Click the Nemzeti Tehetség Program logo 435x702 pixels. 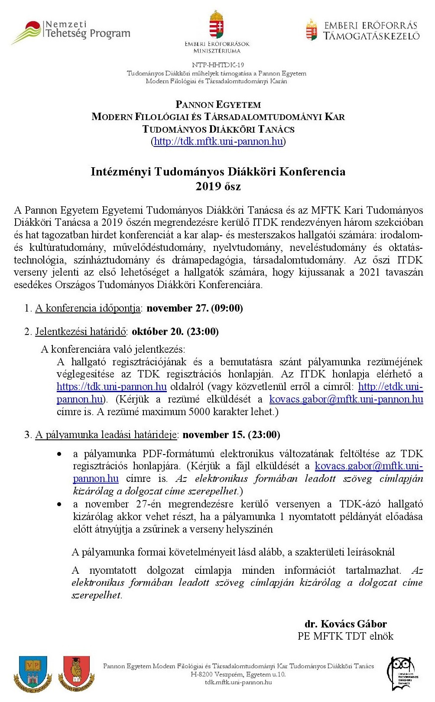pyautogui.click(x=71, y=31)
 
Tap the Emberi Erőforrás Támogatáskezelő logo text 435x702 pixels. pyautogui.click(x=371, y=31)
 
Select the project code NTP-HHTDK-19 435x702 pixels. pyautogui.click(x=218, y=65)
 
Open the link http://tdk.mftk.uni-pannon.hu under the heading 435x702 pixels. pyautogui.click(x=218, y=141)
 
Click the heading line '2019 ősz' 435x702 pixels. pyautogui.click(x=218, y=186)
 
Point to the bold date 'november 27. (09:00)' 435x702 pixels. pyautogui.click(x=195, y=308)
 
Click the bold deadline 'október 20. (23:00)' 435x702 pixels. pyautogui.click(x=175, y=331)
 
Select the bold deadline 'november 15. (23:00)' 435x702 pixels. pyautogui.click(x=231, y=435)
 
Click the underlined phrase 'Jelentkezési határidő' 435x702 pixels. pyautogui.click(x=81, y=331)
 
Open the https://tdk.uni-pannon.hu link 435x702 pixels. pyautogui.click(x=111, y=387)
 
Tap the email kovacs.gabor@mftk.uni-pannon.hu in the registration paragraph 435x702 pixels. pyautogui.click(x=346, y=399)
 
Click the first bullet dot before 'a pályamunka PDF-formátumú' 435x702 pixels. pyautogui.click(x=59, y=454)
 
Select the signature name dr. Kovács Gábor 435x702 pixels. pyautogui.click(x=345, y=624)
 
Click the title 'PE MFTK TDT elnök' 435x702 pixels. pyautogui.click(x=345, y=636)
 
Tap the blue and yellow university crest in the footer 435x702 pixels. pyautogui.click(x=33, y=674)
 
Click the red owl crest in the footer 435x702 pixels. pyautogui.click(x=76, y=674)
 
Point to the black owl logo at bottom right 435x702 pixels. pyautogui.click(x=403, y=674)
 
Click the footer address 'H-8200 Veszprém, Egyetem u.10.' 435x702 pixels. pyautogui.click(x=238, y=674)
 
